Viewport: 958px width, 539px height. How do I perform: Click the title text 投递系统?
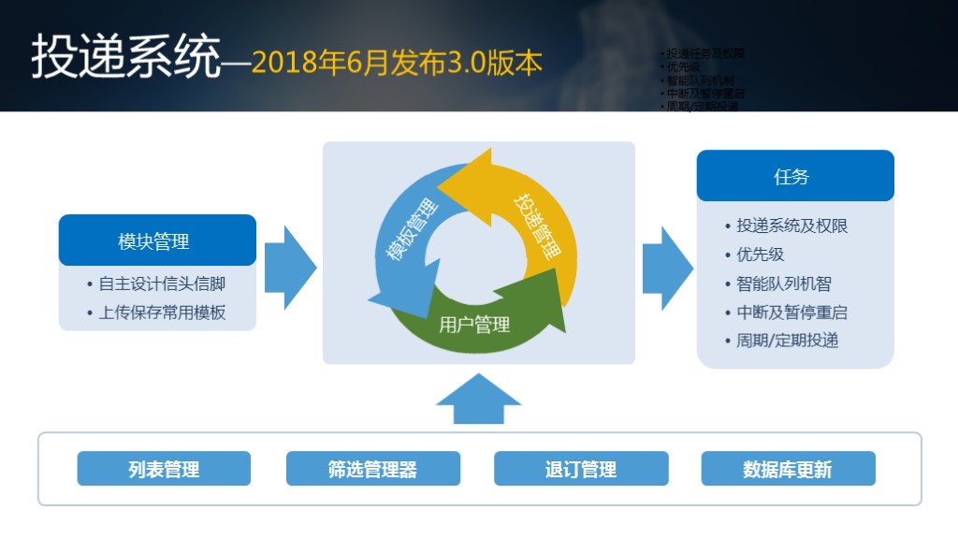point(126,58)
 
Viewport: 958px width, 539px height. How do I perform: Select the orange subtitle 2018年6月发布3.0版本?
point(397,62)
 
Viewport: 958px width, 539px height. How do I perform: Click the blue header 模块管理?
point(157,241)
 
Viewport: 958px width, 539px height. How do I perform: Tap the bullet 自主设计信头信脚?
point(162,284)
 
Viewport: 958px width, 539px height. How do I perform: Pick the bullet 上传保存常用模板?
point(162,313)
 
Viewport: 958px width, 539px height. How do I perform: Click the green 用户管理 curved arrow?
point(475,323)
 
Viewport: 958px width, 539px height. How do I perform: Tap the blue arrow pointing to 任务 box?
point(667,267)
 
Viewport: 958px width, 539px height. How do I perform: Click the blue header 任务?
point(794,176)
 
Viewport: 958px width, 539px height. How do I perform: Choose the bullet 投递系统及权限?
point(791,226)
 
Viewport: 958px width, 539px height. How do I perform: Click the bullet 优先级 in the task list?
point(759,255)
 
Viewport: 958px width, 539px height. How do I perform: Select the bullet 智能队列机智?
point(783,284)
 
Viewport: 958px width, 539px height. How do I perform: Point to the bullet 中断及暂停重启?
point(791,313)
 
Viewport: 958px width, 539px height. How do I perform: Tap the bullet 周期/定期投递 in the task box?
point(787,341)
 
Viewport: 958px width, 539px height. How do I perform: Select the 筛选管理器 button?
point(372,469)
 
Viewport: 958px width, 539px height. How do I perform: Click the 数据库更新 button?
point(788,469)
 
